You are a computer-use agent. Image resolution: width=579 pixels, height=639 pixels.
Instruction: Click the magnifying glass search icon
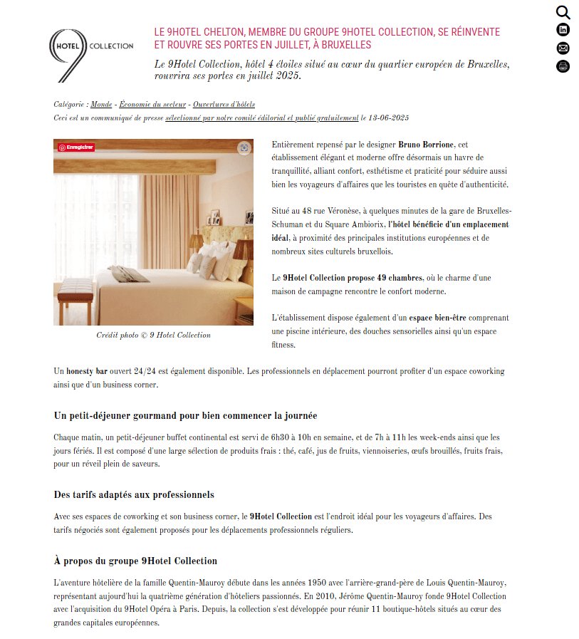563,12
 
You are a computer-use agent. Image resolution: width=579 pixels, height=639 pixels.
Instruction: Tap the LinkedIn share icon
563,30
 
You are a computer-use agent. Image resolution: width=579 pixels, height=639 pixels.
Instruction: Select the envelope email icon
563,48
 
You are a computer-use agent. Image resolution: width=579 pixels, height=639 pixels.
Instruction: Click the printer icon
563,66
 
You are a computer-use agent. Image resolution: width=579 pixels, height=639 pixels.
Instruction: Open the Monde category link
101,105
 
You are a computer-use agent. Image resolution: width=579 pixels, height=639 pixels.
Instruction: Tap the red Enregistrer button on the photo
76,147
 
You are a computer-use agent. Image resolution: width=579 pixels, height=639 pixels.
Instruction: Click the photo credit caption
153,335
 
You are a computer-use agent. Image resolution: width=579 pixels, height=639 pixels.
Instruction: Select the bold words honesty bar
87,371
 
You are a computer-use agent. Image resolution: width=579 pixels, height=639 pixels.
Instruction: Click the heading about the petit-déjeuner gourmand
185,415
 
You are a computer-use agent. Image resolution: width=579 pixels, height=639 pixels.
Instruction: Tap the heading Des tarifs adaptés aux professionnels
134,494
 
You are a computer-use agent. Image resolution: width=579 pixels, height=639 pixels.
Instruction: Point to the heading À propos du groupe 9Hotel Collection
135,561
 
